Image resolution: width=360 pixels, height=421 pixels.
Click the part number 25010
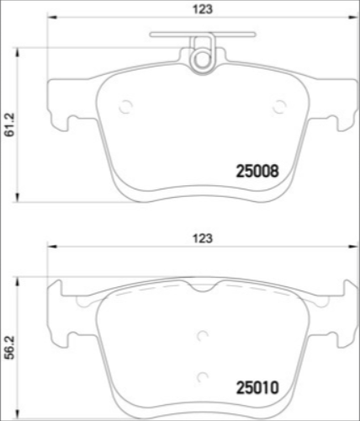pyautogui.click(x=255, y=390)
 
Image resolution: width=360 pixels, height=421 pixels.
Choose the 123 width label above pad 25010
pyautogui.click(x=201, y=238)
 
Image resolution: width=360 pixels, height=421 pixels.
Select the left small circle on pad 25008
pyautogui.click(x=126, y=106)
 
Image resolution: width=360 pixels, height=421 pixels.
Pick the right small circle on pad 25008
pyautogui.click(x=280, y=106)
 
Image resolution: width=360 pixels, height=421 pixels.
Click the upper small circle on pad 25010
pyautogui.click(x=202, y=335)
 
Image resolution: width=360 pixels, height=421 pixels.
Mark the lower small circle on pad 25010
pyautogui.click(x=202, y=376)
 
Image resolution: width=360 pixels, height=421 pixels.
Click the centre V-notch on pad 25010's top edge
pyautogui.click(x=201, y=288)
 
